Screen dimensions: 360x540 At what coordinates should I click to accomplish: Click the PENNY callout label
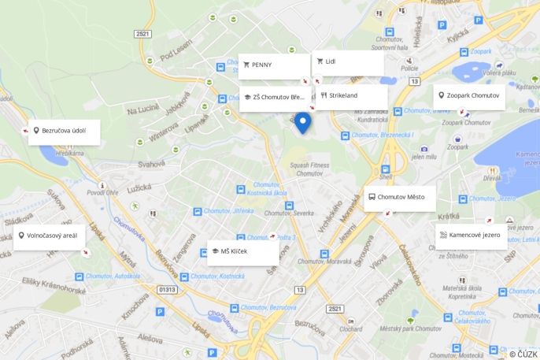point(273,65)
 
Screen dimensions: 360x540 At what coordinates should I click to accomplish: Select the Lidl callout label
point(348,62)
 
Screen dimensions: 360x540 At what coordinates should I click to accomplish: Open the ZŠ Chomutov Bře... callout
point(274,98)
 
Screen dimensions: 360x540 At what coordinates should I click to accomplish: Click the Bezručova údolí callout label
point(64,132)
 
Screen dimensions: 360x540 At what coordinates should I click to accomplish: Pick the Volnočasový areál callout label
point(49,236)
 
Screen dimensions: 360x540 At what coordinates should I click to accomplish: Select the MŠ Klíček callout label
point(242,252)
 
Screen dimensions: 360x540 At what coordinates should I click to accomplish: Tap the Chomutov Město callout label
point(400,198)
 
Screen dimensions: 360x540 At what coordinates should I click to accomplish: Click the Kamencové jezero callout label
point(471,236)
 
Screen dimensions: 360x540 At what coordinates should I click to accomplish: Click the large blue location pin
point(302,122)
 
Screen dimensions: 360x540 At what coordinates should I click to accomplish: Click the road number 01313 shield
point(168,290)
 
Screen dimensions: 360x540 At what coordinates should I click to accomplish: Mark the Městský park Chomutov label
point(411,328)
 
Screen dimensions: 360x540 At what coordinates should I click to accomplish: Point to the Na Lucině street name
point(142,111)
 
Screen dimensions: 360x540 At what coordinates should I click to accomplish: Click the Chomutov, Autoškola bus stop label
point(112,276)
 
